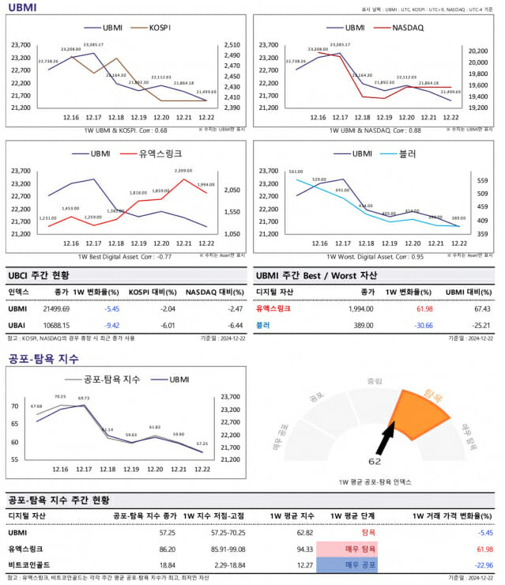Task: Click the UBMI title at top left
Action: pyautogui.click(x=22, y=7)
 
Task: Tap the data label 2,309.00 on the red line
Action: pyautogui.click(x=183, y=171)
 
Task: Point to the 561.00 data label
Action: pyautogui.click(x=296, y=172)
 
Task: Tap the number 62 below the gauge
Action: pyautogui.click(x=375, y=460)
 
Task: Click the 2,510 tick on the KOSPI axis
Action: pyautogui.click(x=232, y=46)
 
